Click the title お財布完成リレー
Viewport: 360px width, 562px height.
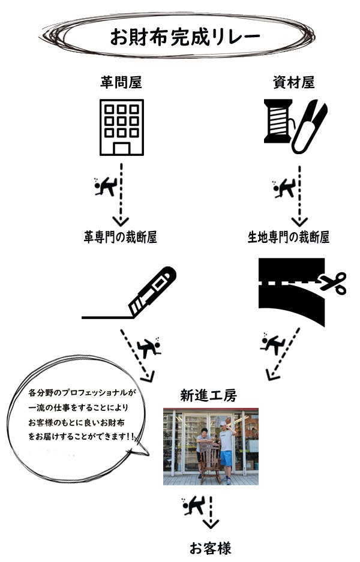[x=185, y=37]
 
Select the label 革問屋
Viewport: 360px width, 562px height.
[x=121, y=82]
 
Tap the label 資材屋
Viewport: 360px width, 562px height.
[x=293, y=82]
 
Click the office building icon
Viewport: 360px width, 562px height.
[x=122, y=127]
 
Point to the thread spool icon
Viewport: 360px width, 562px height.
[x=278, y=122]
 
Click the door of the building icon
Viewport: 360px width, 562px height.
[x=122, y=148]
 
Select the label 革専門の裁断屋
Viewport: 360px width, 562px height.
[x=121, y=237]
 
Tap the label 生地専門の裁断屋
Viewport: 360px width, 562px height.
[x=289, y=237]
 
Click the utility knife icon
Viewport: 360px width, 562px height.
[x=152, y=291]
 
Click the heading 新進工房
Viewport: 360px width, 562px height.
[x=208, y=396]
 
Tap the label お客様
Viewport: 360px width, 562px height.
[x=211, y=548]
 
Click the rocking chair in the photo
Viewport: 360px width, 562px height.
[x=211, y=461]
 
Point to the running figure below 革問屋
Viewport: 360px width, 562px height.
[x=105, y=187]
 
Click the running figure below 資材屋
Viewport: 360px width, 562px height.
[x=283, y=188]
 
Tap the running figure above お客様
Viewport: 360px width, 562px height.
[x=193, y=506]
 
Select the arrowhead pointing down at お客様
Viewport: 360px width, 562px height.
[x=211, y=524]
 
